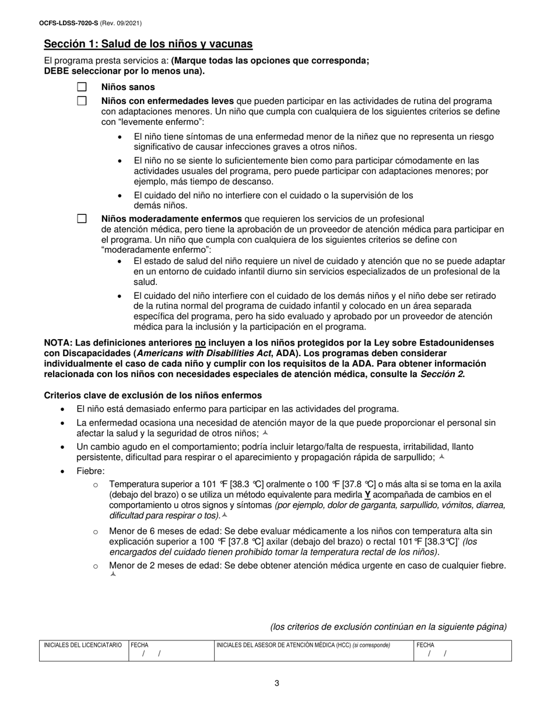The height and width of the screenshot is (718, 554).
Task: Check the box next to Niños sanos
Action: click(82, 87)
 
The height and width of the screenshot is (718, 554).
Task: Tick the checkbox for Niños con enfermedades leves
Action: click(82, 100)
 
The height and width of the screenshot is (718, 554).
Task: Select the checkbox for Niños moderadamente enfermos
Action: click(82, 219)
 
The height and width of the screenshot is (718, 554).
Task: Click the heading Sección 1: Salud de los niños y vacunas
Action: click(148, 44)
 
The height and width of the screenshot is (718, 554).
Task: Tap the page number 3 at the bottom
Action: click(276, 684)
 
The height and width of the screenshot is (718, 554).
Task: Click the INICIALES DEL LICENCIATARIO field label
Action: click(83, 645)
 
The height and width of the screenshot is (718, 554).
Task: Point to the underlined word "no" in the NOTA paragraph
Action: click(200, 343)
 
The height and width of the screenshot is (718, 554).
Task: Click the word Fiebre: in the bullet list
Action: click(90, 471)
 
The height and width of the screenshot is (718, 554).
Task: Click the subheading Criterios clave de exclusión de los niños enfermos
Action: click(153, 395)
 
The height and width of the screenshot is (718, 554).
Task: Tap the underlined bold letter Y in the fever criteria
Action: click(367, 495)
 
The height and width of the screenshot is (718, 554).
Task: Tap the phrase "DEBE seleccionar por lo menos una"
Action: click(124, 71)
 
